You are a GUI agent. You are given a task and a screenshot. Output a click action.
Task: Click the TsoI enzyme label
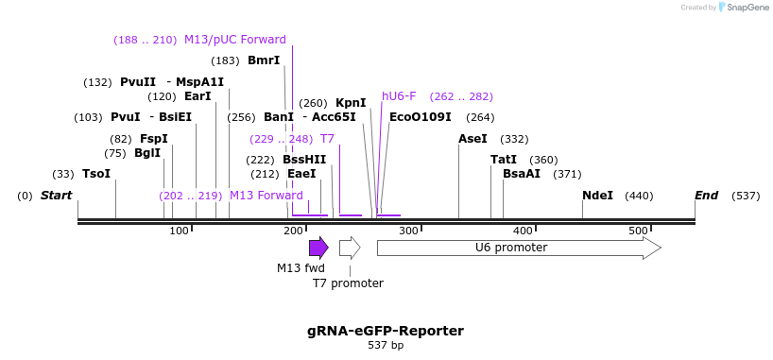(96, 174)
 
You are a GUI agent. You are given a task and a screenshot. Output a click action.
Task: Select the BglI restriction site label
(147, 153)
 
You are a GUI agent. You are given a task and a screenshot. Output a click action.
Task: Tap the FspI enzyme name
(154, 139)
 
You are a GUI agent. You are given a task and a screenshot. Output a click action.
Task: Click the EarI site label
(198, 96)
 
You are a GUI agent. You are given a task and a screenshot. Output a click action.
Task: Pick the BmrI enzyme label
(264, 60)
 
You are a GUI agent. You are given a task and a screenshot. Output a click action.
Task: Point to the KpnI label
(351, 103)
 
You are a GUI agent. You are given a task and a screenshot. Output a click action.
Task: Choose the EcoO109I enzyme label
(421, 117)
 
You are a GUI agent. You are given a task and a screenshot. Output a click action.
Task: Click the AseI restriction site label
(472, 139)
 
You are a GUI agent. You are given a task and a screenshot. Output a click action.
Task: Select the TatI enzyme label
(504, 160)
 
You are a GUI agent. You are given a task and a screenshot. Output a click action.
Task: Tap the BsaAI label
(522, 174)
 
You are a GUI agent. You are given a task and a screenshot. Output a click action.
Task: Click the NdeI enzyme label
(597, 196)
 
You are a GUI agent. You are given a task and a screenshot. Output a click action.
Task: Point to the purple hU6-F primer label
(399, 96)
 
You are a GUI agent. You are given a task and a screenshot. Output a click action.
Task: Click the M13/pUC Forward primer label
(235, 40)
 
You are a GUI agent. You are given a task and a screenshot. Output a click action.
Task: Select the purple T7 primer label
(327, 139)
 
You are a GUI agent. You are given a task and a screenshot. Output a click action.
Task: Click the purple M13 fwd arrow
(318, 248)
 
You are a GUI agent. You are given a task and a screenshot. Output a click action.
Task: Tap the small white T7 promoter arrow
(350, 248)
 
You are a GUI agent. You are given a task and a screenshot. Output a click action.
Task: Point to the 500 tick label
(638, 231)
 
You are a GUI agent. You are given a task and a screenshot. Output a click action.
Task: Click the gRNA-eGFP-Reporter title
(386, 331)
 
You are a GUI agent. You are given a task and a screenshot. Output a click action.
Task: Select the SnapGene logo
(745, 8)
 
